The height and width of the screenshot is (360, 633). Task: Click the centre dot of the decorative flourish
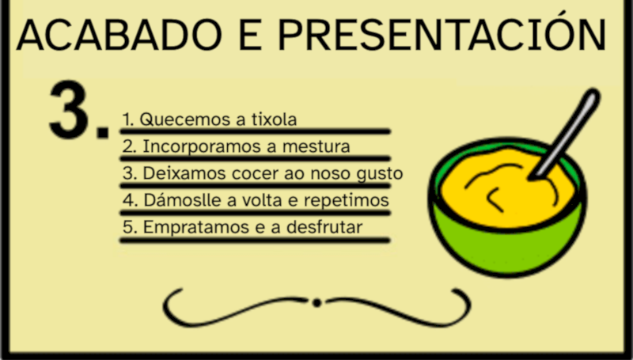[316, 302]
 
